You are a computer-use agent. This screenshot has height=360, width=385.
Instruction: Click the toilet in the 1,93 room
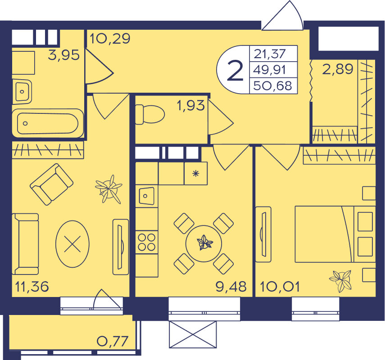[150, 114]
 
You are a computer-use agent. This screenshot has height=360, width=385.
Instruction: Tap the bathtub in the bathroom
[48, 123]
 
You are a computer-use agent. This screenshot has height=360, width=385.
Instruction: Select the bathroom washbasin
[22, 92]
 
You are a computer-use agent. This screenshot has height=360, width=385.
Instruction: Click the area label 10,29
[110, 39]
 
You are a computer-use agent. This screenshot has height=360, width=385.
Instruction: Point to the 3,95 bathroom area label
[64, 55]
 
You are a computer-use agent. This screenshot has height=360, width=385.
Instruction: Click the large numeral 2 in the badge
[235, 71]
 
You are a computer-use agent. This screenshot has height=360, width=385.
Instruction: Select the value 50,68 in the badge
[272, 86]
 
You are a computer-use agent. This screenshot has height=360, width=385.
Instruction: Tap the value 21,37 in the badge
[270, 54]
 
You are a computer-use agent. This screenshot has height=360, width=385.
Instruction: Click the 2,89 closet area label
[337, 69]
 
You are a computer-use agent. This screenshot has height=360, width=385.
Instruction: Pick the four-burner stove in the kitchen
[147, 242]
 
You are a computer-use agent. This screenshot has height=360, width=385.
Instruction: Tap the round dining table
[204, 244]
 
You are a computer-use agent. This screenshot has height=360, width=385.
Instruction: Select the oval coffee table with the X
[72, 244]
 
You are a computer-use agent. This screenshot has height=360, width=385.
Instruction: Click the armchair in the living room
[52, 184]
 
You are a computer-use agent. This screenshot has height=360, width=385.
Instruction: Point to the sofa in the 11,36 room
[25, 244]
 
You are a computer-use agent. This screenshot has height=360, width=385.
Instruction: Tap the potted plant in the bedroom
[341, 281]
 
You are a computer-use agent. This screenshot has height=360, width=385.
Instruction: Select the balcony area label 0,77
[113, 341]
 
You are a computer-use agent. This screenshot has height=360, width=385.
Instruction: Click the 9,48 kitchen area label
[231, 286]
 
